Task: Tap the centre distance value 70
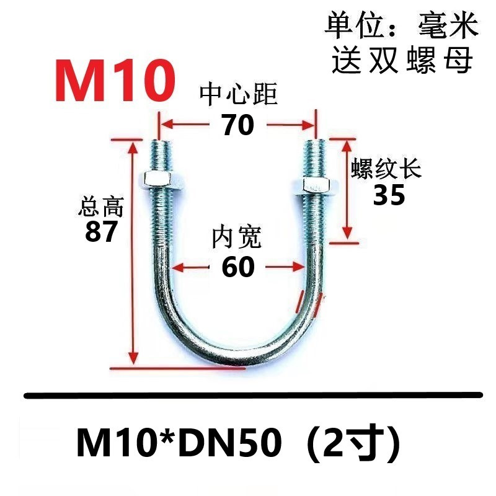(237, 125)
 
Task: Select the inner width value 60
(237, 267)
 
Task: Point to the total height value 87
(101, 232)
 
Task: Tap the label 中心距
(237, 96)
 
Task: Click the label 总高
(101, 206)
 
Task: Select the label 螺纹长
(386, 169)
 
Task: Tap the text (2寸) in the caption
(350, 443)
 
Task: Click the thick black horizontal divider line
(252, 394)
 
